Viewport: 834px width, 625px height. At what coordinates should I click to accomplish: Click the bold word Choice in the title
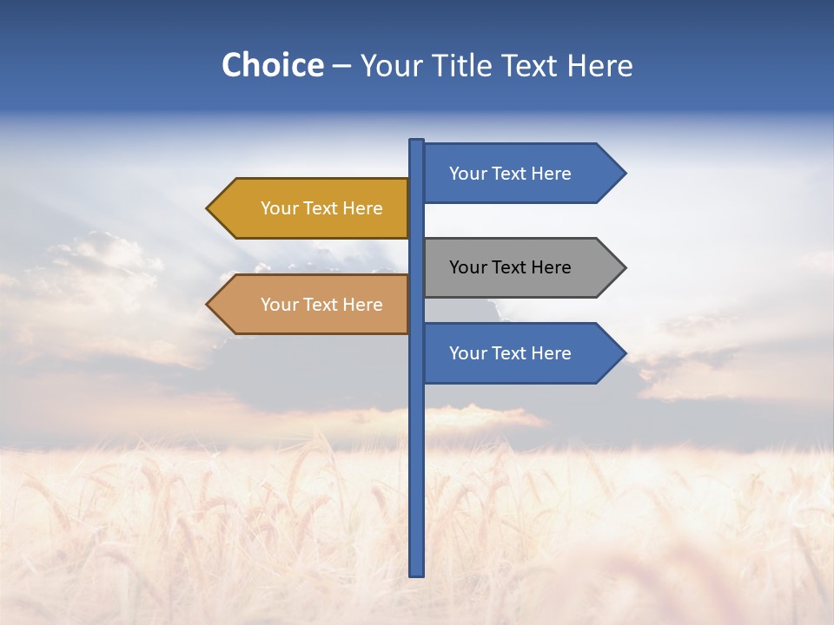pos(272,66)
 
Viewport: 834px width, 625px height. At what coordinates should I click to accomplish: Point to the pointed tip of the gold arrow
pos(208,208)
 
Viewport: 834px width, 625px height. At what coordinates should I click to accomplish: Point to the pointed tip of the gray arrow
pos(624,267)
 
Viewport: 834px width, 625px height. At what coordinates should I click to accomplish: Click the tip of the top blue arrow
pos(624,174)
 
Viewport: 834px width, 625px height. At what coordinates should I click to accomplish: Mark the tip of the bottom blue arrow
pos(624,353)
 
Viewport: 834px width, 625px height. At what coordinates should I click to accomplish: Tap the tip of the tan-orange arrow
pos(208,305)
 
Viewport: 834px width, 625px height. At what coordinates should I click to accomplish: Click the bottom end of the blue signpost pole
pos(417,572)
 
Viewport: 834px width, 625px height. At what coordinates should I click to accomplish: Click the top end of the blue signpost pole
pos(417,142)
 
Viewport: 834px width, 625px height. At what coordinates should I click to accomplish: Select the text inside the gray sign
pos(510,267)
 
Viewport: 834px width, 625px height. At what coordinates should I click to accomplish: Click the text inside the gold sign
pos(321,208)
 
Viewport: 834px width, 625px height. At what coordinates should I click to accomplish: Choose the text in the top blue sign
pos(510,174)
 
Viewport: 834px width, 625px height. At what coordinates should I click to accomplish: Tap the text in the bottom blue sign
pos(510,353)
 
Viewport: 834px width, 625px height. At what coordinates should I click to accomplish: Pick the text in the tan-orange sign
pos(321,305)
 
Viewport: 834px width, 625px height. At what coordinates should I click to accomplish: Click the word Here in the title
pos(599,66)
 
